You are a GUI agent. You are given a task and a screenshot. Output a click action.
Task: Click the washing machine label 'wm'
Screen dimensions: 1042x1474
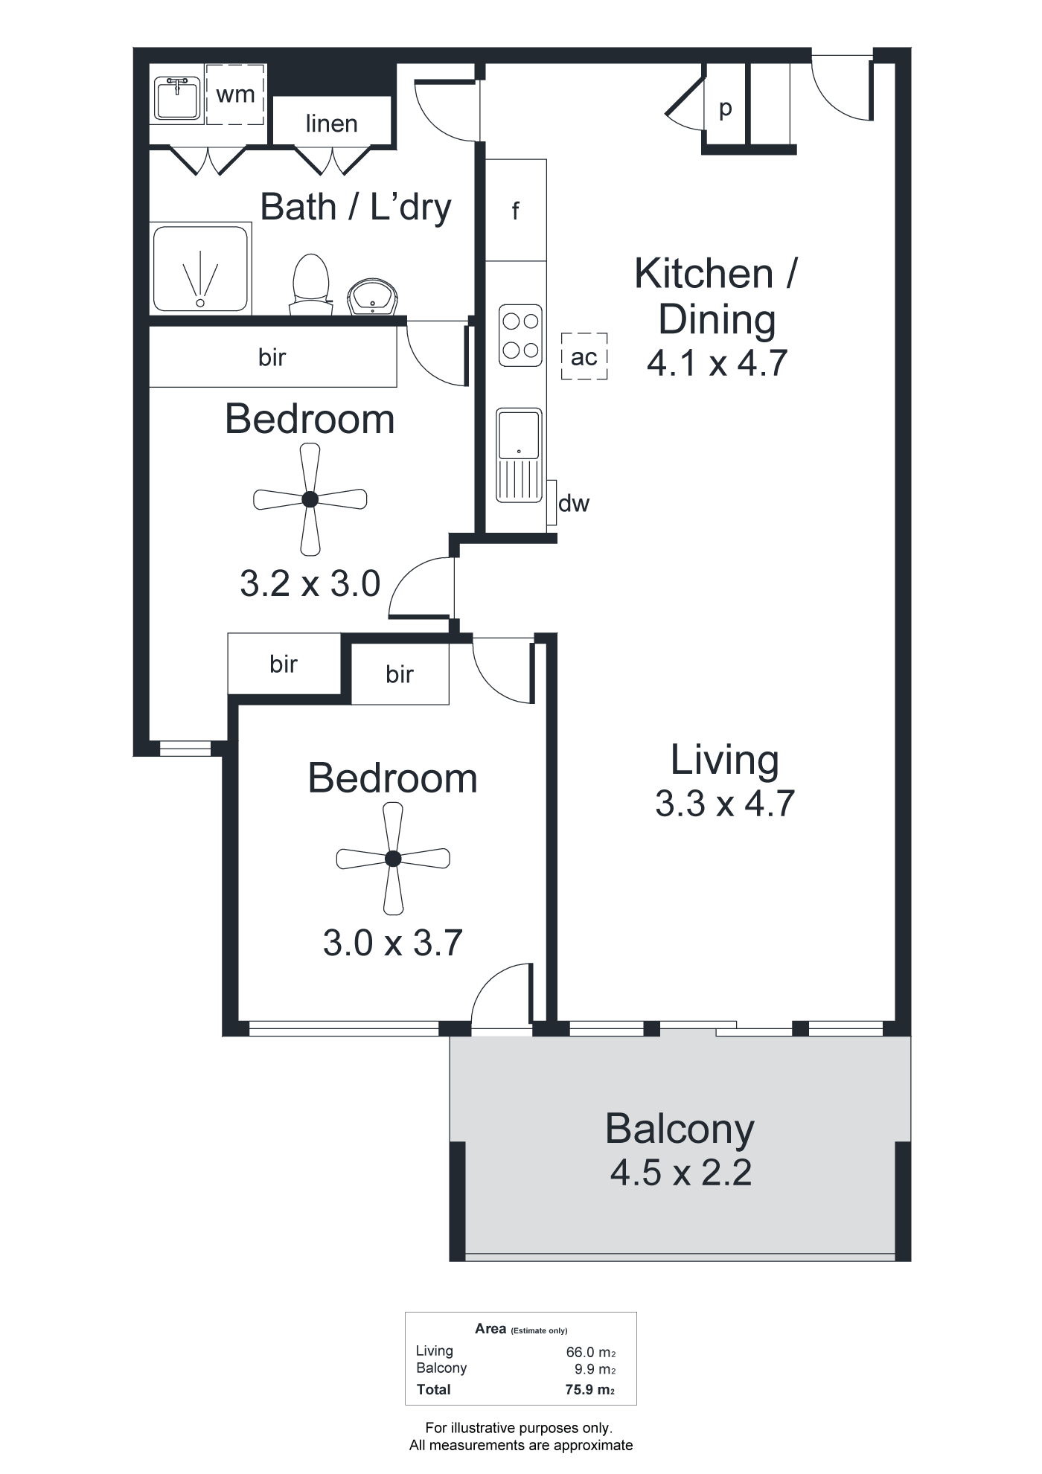235,95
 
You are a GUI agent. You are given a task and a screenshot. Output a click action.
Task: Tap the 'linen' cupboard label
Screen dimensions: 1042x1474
331,124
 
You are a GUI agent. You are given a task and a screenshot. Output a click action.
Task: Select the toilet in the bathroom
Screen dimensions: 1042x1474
311,285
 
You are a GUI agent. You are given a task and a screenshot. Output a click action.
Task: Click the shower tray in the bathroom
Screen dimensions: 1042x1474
200,269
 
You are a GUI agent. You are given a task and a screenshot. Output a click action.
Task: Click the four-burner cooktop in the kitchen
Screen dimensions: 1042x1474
520,336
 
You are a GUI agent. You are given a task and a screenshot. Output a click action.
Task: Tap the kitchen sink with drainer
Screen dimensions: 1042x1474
519,454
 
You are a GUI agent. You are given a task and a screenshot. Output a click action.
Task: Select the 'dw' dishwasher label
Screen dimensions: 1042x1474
574,504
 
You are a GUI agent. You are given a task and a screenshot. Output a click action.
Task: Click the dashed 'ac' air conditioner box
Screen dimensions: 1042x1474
584,356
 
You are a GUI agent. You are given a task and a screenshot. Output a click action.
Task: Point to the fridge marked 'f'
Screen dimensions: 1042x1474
516,211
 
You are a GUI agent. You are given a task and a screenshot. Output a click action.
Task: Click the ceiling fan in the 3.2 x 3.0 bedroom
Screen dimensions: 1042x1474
310,499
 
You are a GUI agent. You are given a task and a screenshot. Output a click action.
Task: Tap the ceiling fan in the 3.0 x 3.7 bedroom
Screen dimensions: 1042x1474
393,859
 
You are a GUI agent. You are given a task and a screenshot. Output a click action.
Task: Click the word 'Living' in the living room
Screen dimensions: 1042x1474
725,760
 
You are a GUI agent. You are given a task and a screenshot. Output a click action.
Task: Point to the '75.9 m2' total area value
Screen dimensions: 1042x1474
589,1389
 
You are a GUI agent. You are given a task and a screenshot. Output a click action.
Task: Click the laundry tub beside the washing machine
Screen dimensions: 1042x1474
177,98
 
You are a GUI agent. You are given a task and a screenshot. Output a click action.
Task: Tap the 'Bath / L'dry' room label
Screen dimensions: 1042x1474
356,207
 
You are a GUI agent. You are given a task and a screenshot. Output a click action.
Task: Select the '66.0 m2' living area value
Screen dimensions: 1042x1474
590,1352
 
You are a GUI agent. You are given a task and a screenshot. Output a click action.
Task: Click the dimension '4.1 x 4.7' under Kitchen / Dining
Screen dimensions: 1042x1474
717,363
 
